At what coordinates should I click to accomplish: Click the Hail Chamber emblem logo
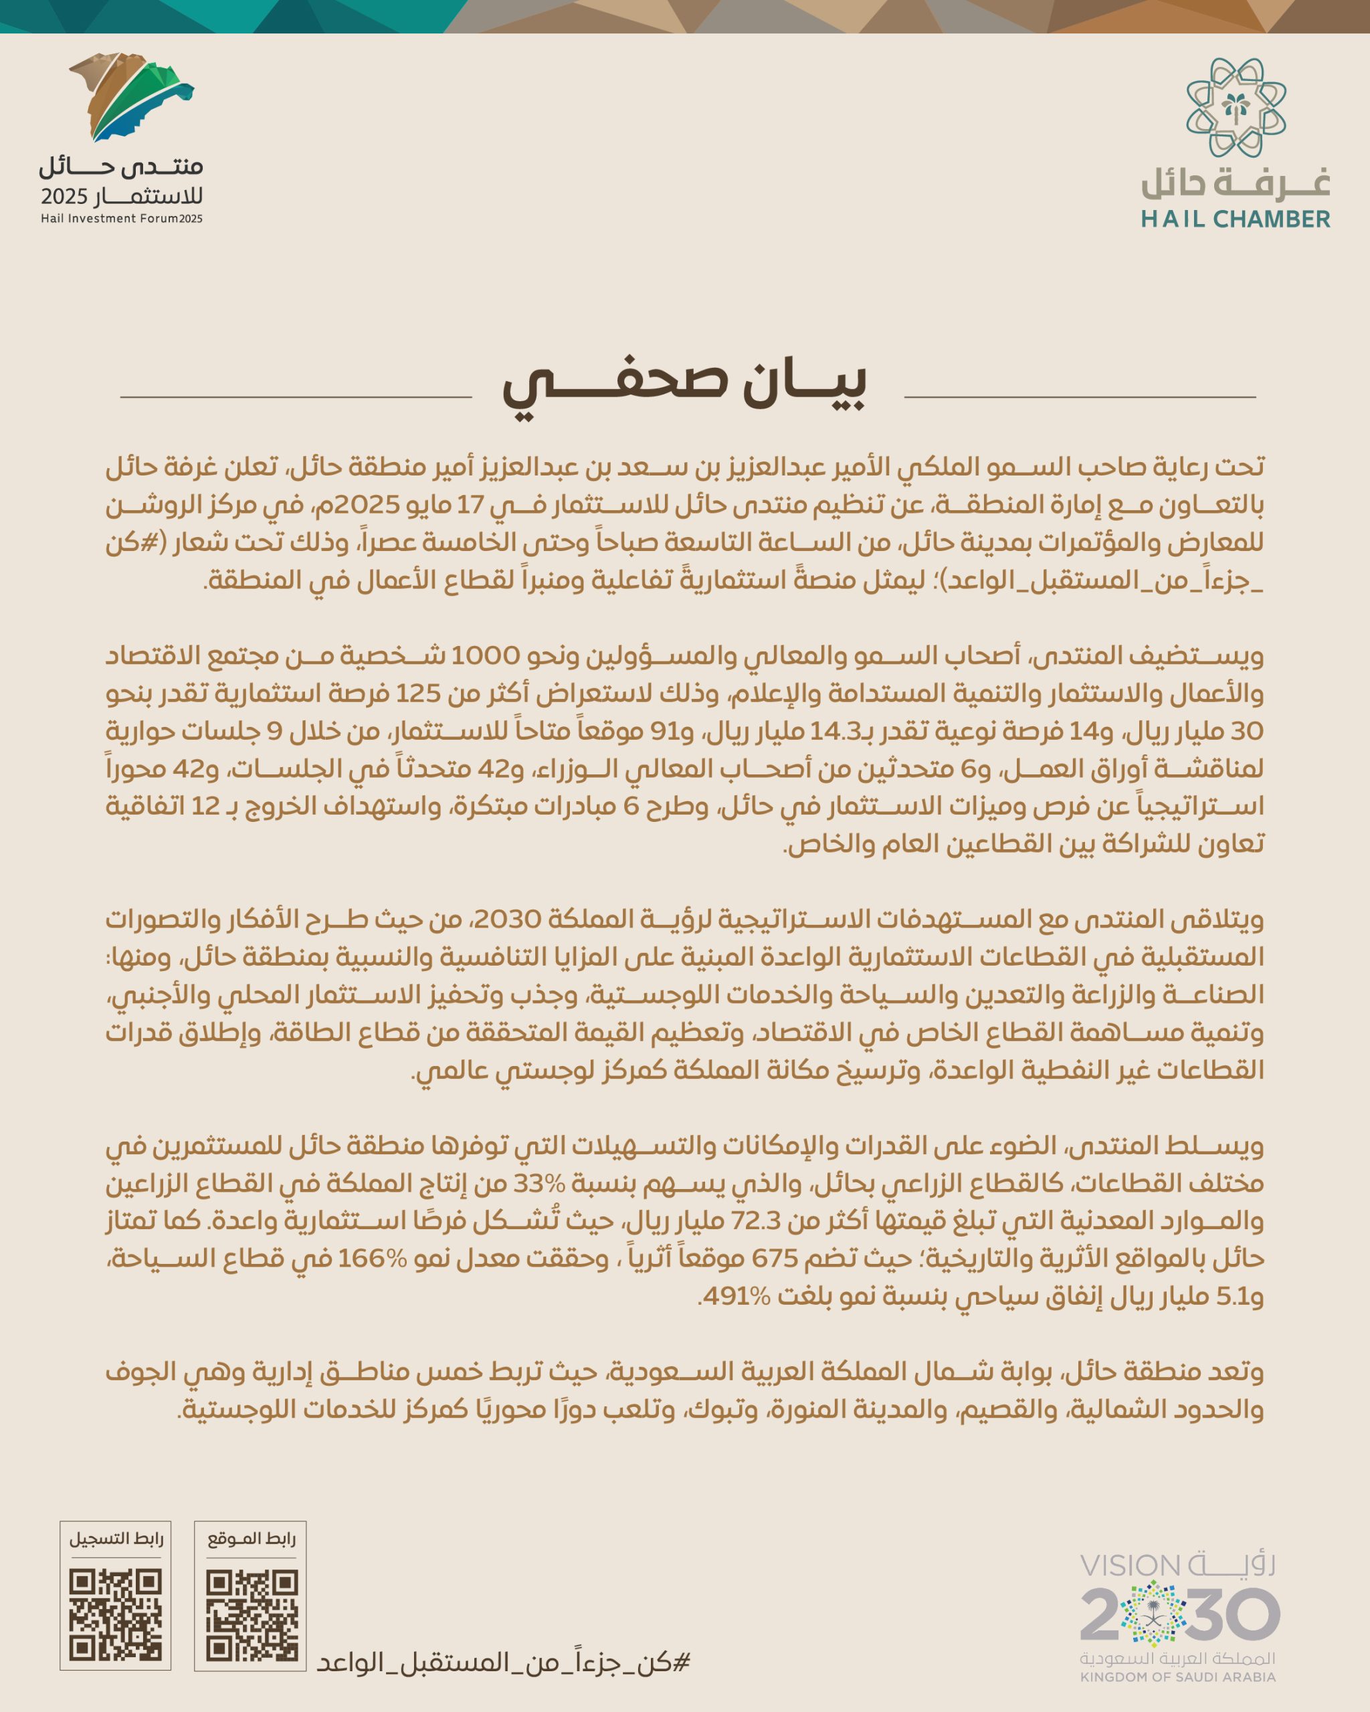point(1236,107)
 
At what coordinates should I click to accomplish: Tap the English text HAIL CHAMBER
point(1235,219)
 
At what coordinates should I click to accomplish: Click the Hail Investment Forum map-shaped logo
point(131,96)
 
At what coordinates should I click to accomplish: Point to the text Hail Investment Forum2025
point(122,219)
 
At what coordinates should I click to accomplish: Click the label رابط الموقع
point(251,1539)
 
